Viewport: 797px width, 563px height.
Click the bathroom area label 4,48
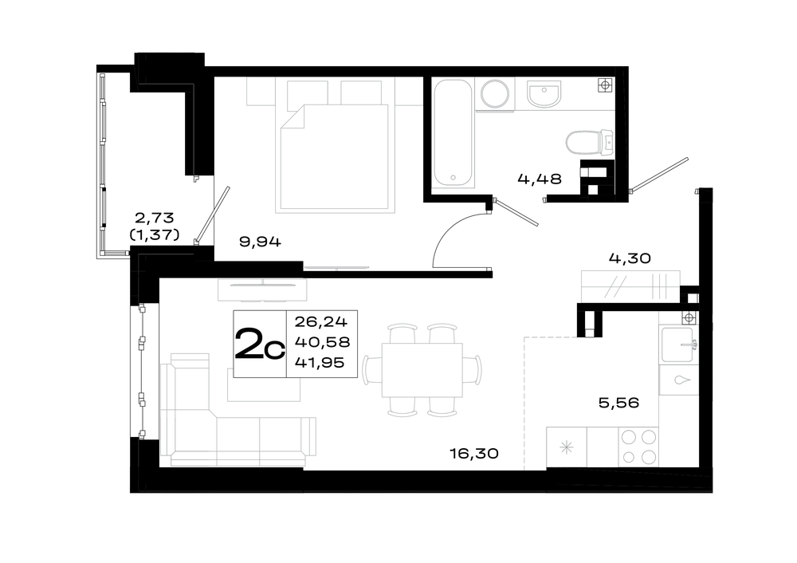coord(540,179)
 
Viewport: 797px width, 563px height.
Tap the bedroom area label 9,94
coord(260,242)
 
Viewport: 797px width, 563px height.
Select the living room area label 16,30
coord(474,453)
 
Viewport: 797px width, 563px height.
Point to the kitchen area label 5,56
coord(618,404)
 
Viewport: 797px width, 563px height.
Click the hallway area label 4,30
coord(630,258)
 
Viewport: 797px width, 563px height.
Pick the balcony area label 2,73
coord(154,218)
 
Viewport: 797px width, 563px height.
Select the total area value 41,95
coord(320,363)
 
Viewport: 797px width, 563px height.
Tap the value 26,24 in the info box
coord(320,321)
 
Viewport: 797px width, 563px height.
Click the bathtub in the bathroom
coord(454,132)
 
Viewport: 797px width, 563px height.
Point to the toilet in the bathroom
coord(590,143)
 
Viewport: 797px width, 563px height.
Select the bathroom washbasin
coord(544,94)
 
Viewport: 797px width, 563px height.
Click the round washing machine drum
coord(495,94)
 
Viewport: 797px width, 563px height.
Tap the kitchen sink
coord(677,344)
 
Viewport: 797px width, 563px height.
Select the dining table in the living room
coord(422,370)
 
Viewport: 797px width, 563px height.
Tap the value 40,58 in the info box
coord(322,342)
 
